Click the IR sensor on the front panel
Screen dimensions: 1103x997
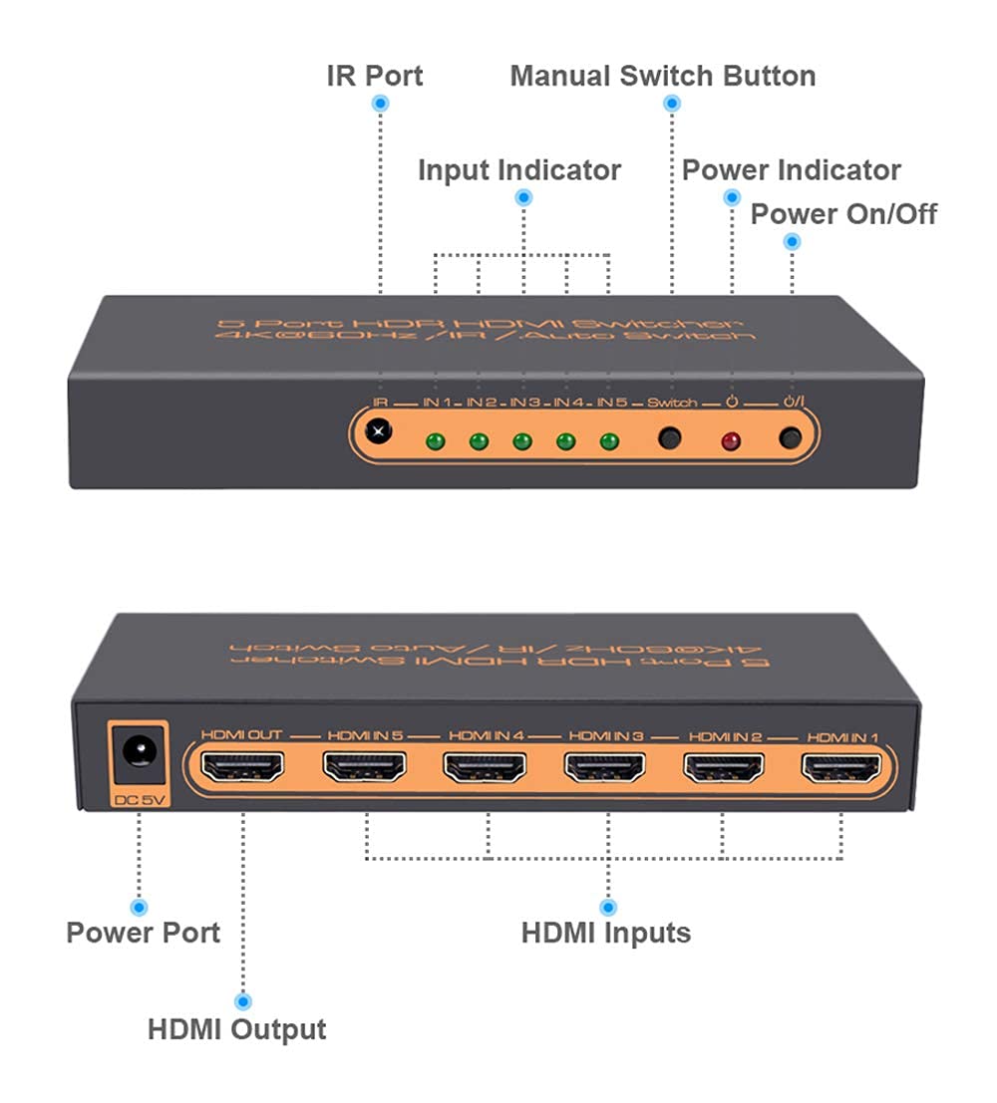pyautogui.click(x=378, y=432)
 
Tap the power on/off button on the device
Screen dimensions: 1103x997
pyautogui.click(x=792, y=437)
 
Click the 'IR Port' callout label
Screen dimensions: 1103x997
pyautogui.click(x=375, y=76)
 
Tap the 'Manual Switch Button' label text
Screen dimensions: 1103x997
pyautogui.click(x=663, y=76)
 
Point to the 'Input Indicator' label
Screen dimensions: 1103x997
pyautogui.click(x=519, y=169)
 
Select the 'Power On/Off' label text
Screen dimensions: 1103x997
pyautogui.click(x=843, y=213)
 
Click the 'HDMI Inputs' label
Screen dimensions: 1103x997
pyautogui.click(x=606, y=934)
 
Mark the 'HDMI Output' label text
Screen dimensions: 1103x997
pyautogui.click(x=237, y=1029)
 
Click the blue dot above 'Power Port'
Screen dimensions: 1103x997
pyautogui.click(x=140, y=907)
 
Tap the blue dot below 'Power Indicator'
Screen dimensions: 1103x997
pyautogui.click(x=733, y=197)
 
